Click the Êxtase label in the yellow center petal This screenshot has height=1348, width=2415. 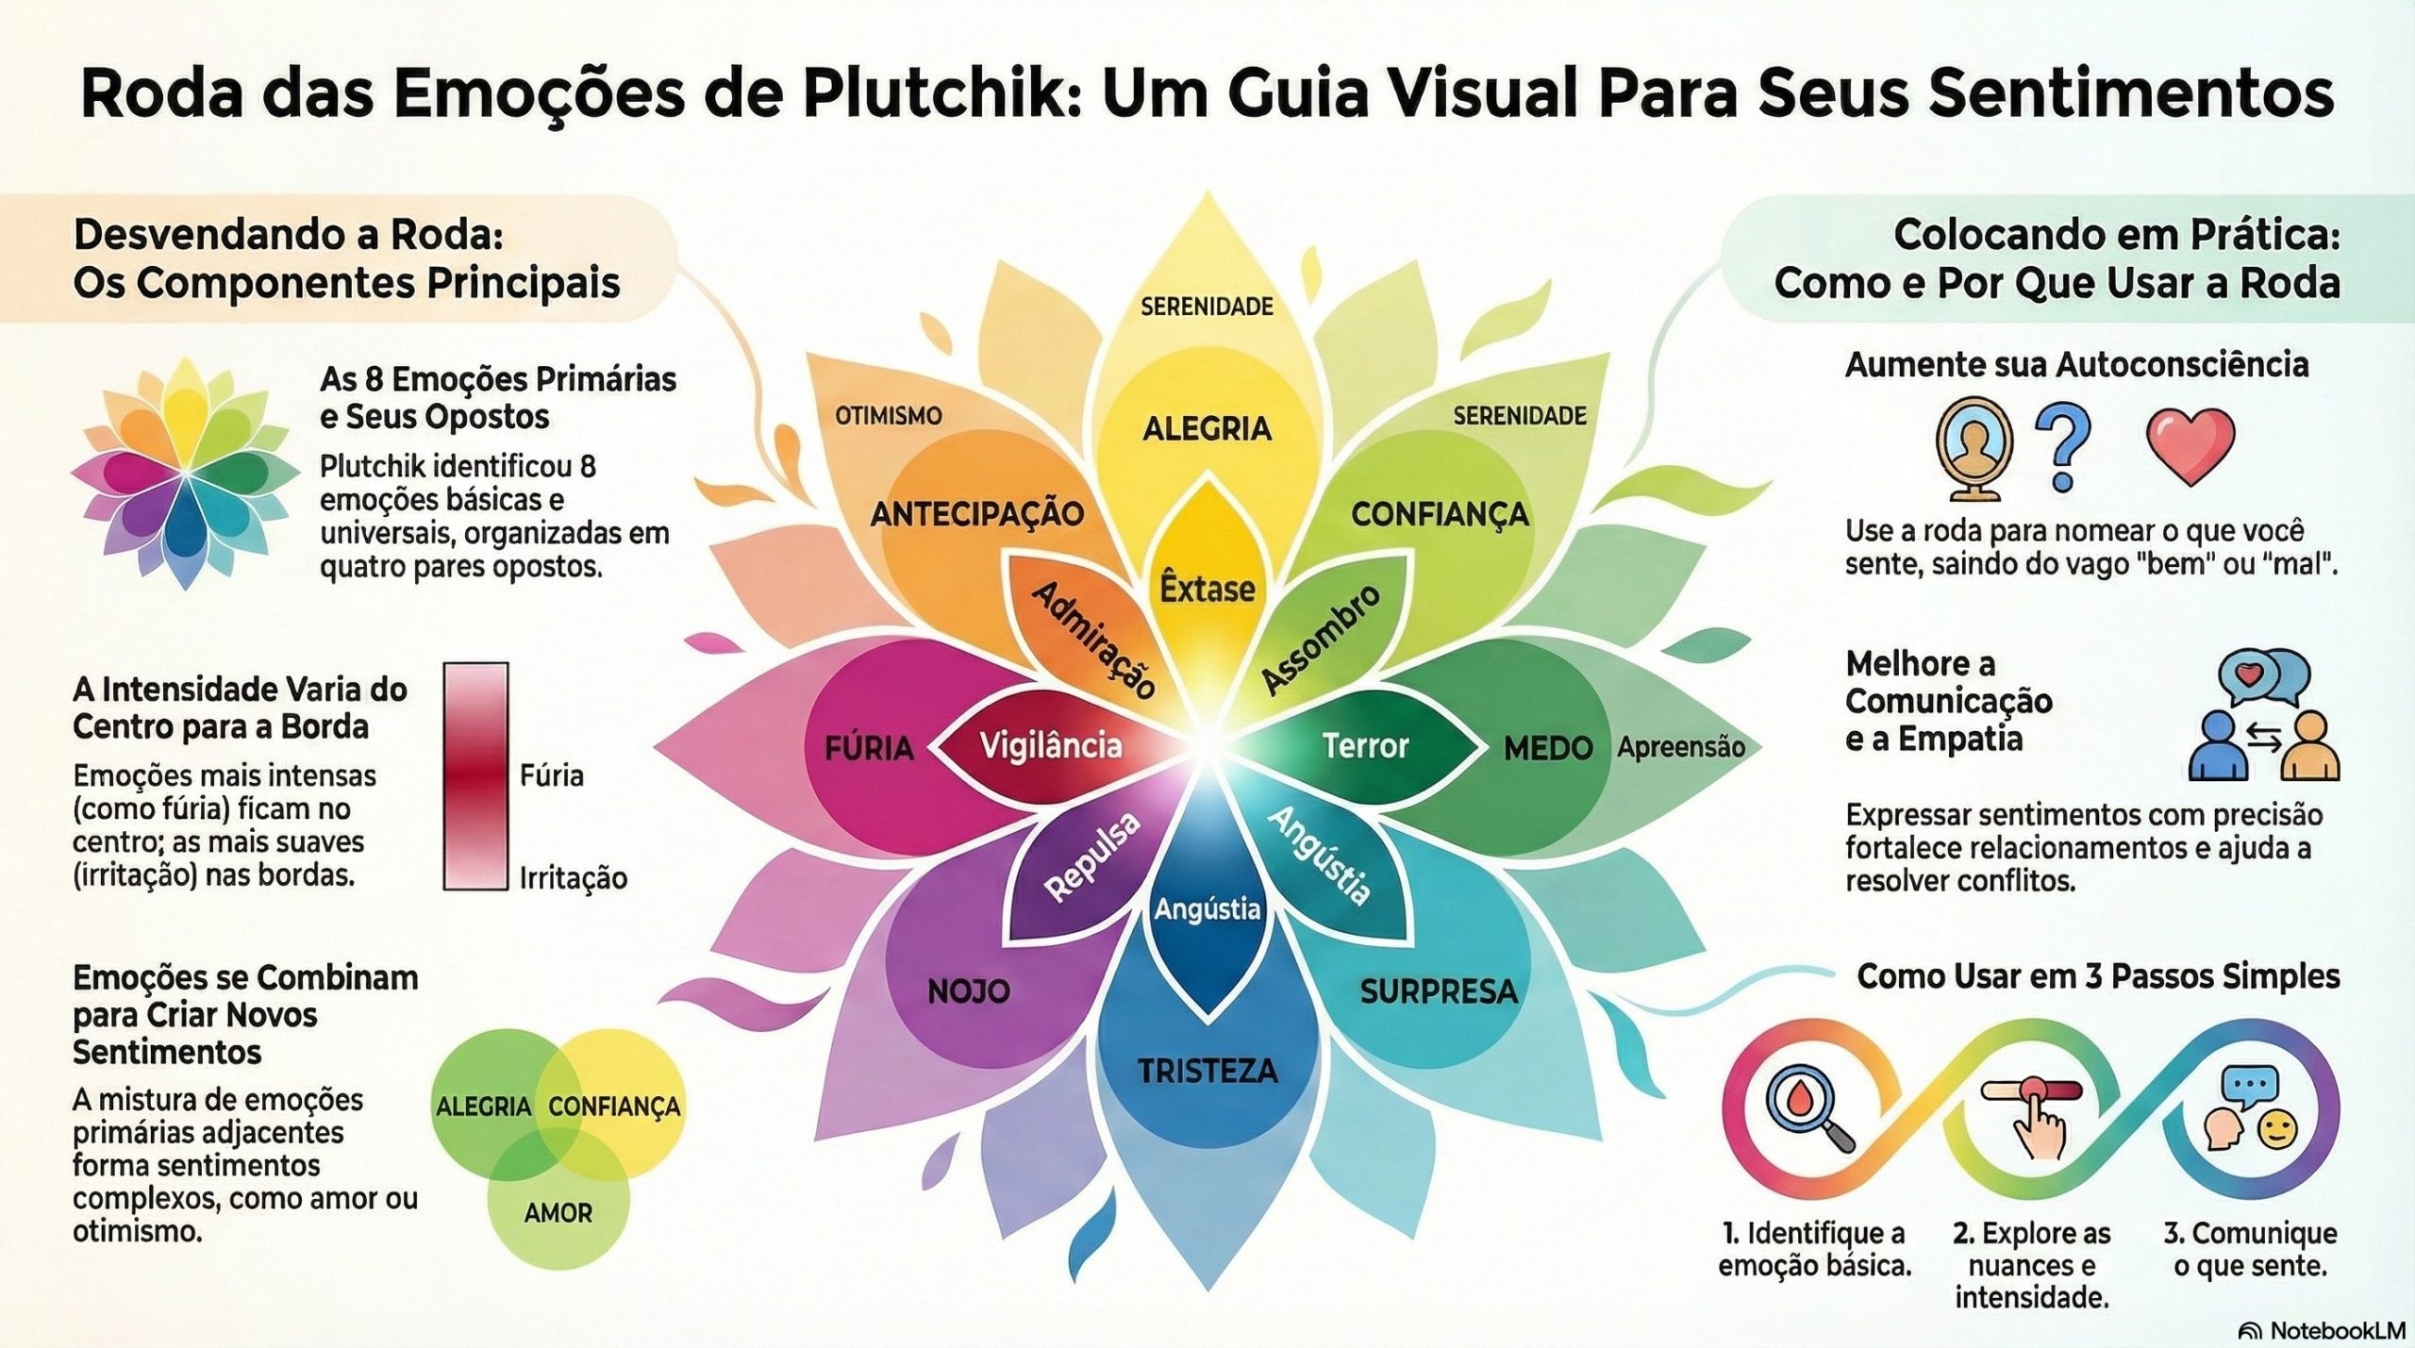tap(1207, 589)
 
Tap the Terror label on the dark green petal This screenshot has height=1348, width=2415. tap(1365, 746)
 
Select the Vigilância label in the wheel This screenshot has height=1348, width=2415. tap(1051, 746)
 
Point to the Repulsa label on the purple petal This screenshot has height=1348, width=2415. tap(1092, 857)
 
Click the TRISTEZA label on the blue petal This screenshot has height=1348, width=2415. tap(1207, 1071)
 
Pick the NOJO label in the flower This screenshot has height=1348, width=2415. tap(969, 990)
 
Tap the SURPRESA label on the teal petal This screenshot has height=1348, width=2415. tap(1439, 991)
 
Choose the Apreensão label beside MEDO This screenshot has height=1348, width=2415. tap(1680, 747)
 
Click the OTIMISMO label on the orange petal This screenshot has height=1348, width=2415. tap(888, 416)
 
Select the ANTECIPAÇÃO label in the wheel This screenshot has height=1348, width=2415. tap(976, 514)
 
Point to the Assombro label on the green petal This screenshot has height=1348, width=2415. tap(1322, 639)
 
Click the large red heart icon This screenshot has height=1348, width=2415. tap(2190, 445)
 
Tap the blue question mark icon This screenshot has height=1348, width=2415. tap(2063, 445)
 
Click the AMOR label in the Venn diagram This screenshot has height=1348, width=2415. tap(558, 1213)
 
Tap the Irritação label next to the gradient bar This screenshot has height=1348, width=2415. tap(574, 878)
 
